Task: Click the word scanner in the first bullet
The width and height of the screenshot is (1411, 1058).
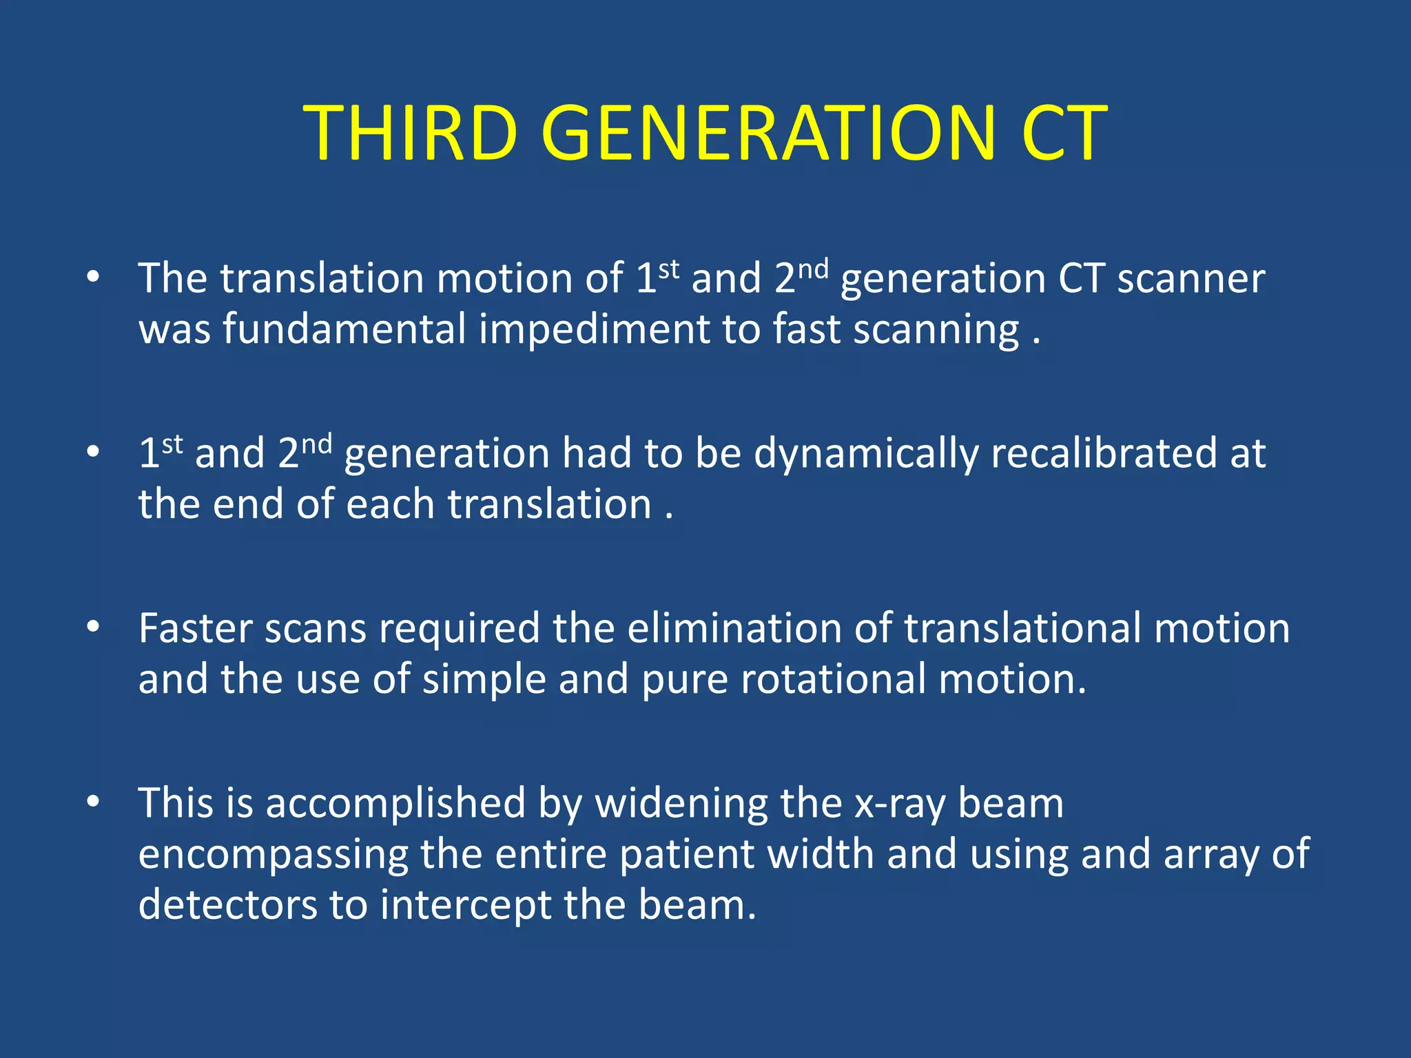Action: coord(1191,279)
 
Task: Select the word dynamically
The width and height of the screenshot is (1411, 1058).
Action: coord(865,455)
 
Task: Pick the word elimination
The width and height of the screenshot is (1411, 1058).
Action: coord(734,628)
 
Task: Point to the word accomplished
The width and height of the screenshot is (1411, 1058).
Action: coord(395,805)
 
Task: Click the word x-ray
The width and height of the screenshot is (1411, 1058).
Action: coord(900,805)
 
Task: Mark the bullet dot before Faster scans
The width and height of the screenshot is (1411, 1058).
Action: coord(93,626)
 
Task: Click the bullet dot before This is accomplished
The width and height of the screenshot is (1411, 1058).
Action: coord(93,801)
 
